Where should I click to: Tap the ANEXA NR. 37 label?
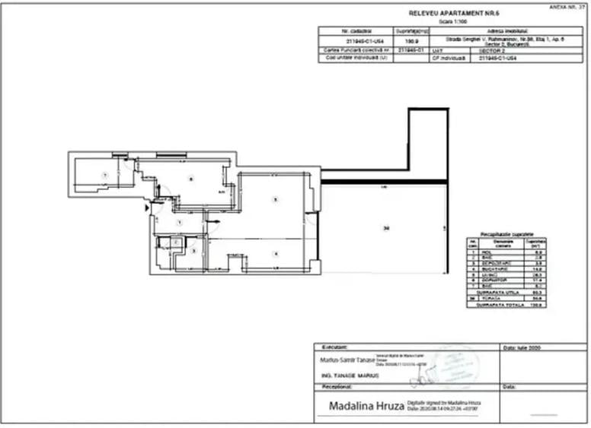(x=567, y=6)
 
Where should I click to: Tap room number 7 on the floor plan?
(x=106, y=175)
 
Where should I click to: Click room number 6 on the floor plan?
(x=191, y=179)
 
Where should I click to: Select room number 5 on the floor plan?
(x=276, y=200)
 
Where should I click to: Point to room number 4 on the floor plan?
(x=276, y=254)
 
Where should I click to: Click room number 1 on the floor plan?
(x=180, y=222)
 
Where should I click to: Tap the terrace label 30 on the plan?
(x=387, y=228)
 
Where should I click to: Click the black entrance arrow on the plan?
(x=147, y=206)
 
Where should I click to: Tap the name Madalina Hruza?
(x=361, y=405)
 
